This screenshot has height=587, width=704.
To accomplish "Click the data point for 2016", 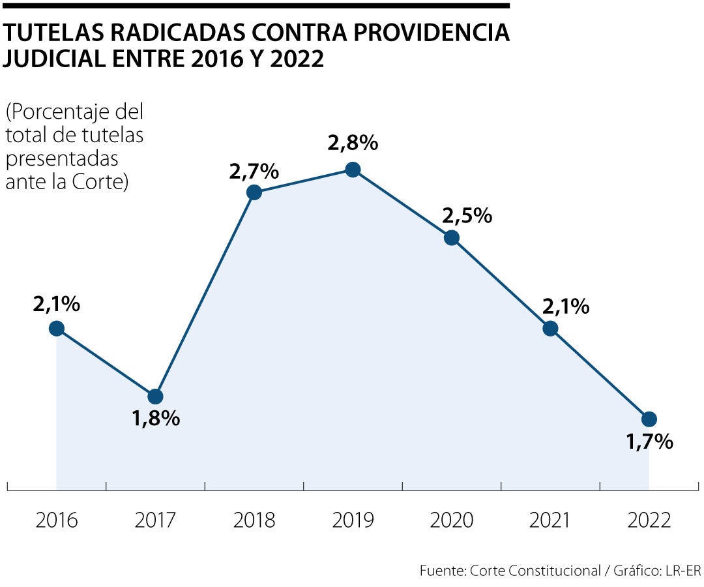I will click(57, 328).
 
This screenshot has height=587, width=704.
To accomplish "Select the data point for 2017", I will click(155, 397).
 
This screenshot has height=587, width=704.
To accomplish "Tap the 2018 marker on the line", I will click(254, 192).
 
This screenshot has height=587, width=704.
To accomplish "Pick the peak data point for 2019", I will click(353, 170).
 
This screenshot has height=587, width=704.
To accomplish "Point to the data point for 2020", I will click(452, 237).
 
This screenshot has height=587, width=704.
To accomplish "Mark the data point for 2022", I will click(649, 419).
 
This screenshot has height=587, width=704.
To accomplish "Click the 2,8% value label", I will click(353, 143).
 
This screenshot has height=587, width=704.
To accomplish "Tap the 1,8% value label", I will click(156, 419).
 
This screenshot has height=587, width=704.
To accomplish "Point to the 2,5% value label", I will click(467, 215).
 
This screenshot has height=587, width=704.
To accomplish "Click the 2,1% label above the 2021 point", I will click(565, 305).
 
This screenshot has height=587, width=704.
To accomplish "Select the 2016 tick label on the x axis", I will click(57, 520).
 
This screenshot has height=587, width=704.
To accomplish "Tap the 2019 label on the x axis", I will click(353, 520).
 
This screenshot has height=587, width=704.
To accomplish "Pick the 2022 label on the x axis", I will click(649, 520).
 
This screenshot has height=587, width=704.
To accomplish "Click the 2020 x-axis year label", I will click(452, 520).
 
